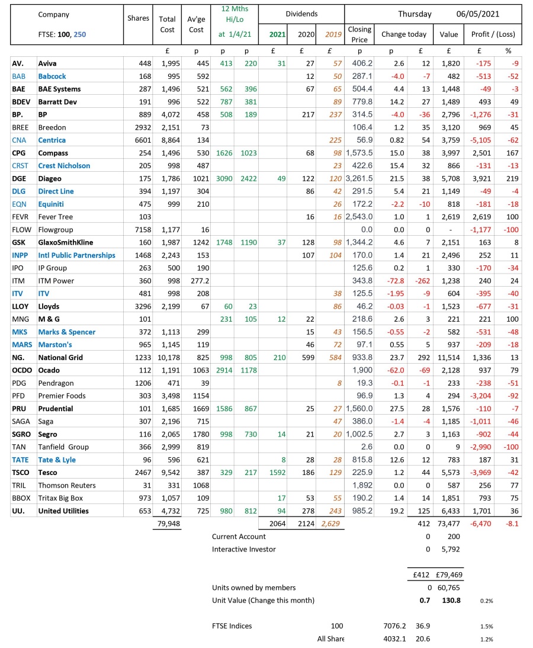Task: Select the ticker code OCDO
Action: [21, 370]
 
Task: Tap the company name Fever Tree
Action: [56, 217]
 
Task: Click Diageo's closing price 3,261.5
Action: [359, 178]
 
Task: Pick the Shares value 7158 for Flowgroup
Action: [138, 229]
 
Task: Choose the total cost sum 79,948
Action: [168, 524]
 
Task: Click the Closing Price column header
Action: [359, 34]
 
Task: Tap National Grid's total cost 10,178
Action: [168, 357]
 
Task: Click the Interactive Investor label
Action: [243, 549]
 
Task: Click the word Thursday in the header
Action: [415, 14]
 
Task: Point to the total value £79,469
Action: [448, 575]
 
